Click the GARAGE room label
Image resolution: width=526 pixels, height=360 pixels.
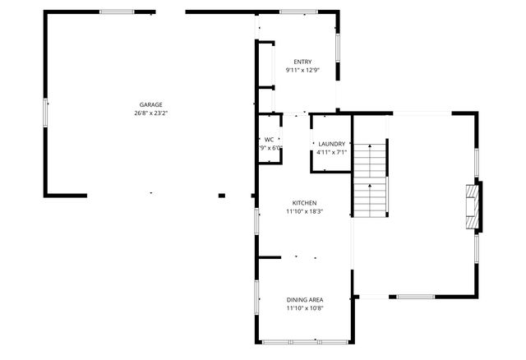coord(150,104)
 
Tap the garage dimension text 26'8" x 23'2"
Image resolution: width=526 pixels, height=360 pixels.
coord(150,113)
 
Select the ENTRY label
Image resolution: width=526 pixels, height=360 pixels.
coord(302,62)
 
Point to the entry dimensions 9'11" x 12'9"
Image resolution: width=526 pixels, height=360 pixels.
coord(302,71)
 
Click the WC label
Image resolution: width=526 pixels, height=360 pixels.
coord(269,140)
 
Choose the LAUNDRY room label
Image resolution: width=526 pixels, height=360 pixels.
coord(332,144)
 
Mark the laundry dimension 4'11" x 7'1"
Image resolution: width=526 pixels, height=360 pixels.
coord(332,152)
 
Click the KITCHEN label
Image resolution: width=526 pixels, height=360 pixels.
coord(305,203)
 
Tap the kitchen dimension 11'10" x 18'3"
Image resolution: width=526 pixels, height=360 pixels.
coord(305,211)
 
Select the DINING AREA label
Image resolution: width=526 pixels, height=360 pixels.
coord(305,299)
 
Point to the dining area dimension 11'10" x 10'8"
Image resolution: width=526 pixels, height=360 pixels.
coord(305,308)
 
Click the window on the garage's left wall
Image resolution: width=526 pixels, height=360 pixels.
coord(45,113)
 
